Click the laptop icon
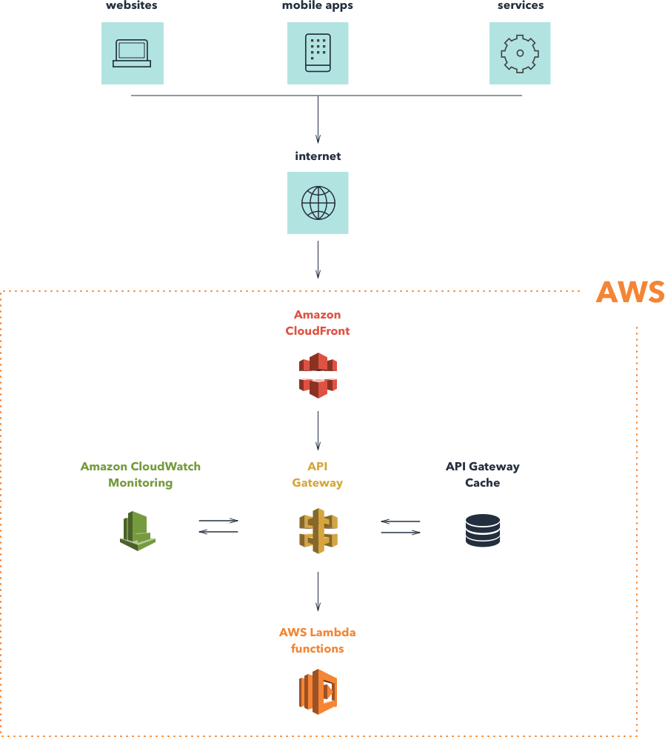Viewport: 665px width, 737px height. tap(132, 54)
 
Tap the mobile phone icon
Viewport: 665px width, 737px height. tap(318, 53)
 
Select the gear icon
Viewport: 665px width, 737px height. tap(519, 53)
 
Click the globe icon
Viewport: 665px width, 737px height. tap(318, 203)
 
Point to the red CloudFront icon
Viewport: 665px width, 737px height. tap(316, 374)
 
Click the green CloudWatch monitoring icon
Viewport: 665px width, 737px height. tap(151, 530)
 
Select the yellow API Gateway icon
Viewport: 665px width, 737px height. tap(317, 530)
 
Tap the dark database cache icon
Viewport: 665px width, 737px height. tap(482, 530)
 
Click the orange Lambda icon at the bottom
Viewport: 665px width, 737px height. tap(317, 692)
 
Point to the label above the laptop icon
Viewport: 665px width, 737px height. tap(132, 6)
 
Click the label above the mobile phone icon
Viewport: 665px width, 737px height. tap(318, 6)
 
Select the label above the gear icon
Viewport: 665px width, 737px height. tap(520, 6)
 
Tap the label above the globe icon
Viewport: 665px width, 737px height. tap(318, 157)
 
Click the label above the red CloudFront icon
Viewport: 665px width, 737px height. tap(317, 323)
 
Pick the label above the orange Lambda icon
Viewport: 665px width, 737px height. tap(317, 641)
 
